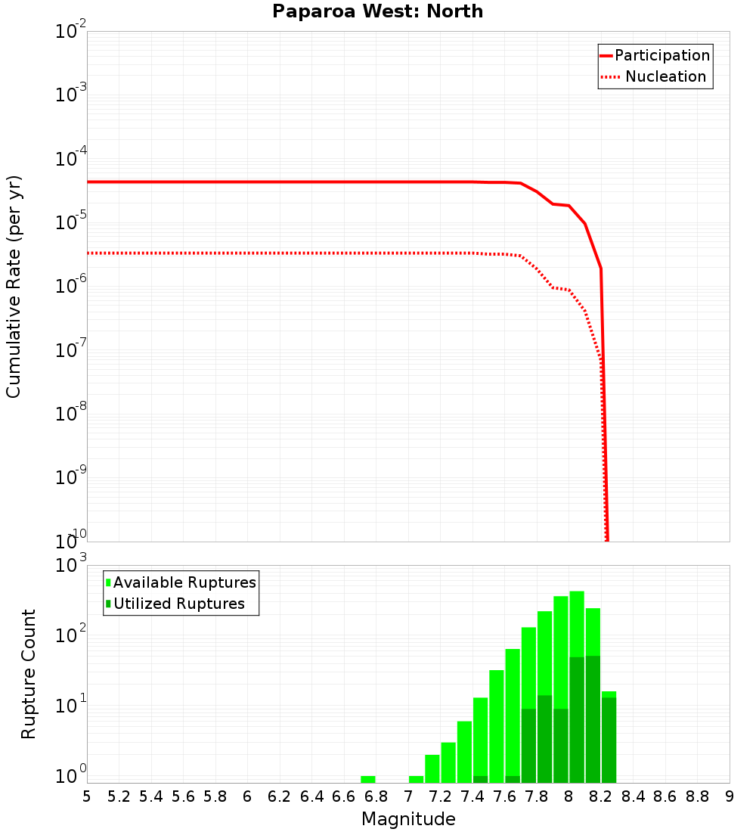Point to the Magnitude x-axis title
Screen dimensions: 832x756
[408, 819]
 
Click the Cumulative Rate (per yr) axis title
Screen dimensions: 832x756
[14, 286]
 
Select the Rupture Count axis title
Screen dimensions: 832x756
[29, 674]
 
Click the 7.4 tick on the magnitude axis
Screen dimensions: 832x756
[472, 796]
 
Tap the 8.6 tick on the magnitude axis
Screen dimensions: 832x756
[665, 796]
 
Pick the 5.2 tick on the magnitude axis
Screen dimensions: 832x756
[119, 796]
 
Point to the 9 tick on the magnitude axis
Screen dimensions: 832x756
[730, 796]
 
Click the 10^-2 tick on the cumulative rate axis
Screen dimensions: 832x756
[71, 33]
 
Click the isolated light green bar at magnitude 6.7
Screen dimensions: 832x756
[368, 779]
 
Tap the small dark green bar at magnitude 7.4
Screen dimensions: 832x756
[480, 779]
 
